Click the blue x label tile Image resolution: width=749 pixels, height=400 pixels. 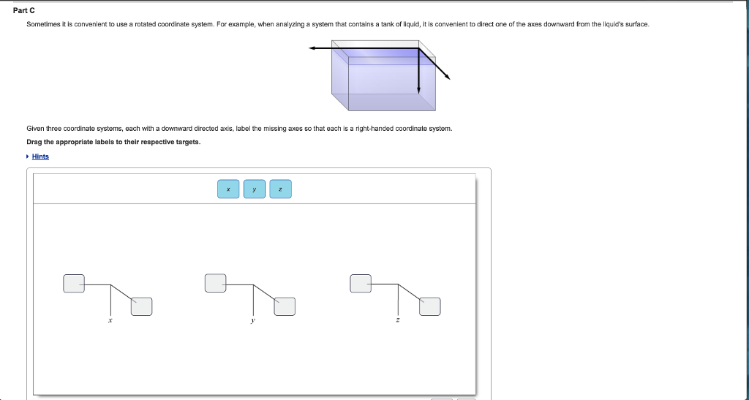point(228,189)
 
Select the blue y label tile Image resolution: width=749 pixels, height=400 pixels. point(254,189)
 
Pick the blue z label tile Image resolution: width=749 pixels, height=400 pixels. point(280,189)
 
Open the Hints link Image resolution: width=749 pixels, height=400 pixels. point(40,156)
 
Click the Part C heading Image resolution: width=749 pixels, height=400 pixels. point(24,10)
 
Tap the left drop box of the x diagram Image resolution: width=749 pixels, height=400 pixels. point(74,284)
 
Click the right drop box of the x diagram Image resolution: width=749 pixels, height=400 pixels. point(141,306)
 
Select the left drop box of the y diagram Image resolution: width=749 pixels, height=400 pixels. point(216,283)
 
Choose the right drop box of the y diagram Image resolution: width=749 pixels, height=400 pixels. point(285,306)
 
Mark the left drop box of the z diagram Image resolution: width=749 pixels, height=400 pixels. point(361,284)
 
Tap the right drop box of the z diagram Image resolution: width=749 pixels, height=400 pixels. point(430,306)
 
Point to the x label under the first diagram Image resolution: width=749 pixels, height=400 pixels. point(110,320)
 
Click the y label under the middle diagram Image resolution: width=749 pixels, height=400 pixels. point(252,321)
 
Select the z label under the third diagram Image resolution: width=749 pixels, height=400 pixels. point(397,320)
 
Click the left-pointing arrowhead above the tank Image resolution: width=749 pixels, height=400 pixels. point(312,48)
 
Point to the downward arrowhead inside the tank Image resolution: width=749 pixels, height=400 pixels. point(419,90)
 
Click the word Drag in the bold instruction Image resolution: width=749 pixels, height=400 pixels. point(34,142)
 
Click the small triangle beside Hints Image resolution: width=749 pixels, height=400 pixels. point(28,156)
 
